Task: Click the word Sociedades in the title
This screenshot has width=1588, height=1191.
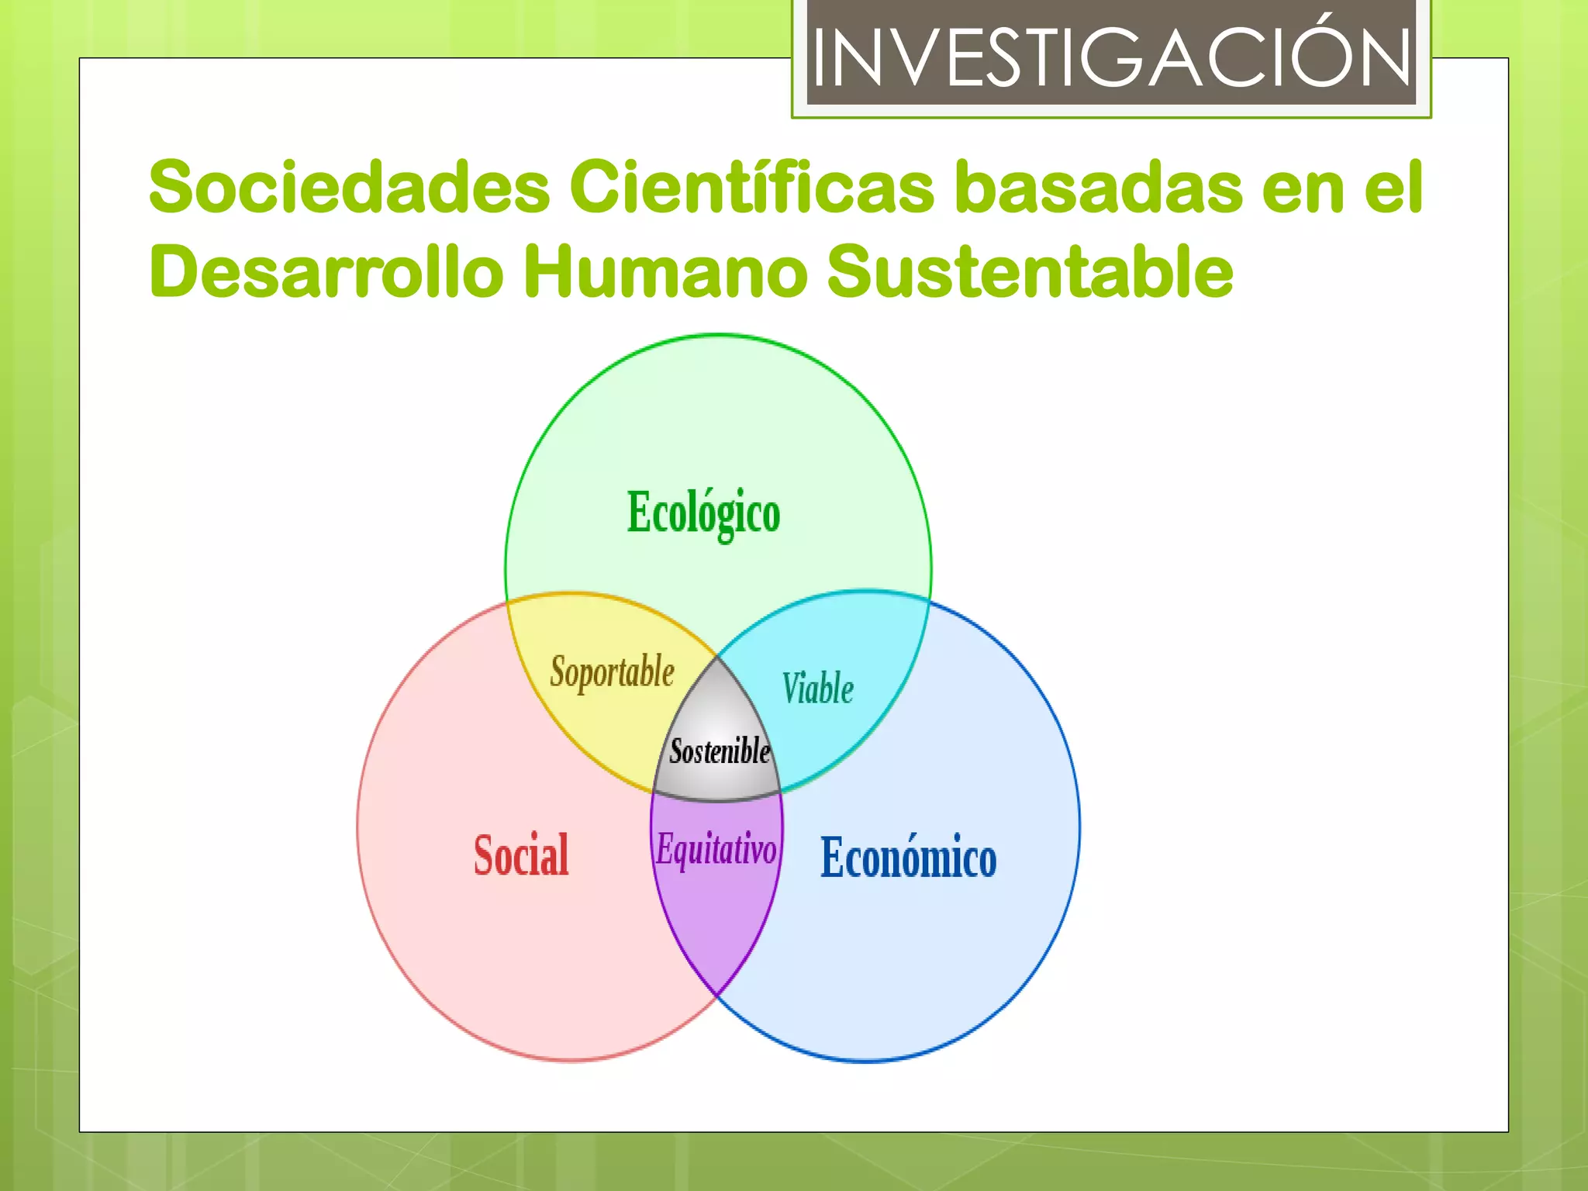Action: pos(350,187)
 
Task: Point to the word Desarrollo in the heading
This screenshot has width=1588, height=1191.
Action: pos(326,271)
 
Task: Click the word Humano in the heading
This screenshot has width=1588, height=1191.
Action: pos(665,271)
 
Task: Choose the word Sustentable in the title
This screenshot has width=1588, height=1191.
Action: pos(1030,271)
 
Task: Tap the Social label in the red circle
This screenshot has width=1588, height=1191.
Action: pos(521,855)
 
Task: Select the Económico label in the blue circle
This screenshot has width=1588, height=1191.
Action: pos(908,858)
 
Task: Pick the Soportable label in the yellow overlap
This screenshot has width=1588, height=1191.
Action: pos(612,671)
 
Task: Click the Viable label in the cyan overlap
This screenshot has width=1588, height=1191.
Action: pos(817,689)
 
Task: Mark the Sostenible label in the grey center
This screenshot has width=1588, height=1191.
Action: pos(720,751)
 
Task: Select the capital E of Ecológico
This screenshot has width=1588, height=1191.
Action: pos(637,512)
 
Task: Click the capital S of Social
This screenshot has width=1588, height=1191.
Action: pos(484,855)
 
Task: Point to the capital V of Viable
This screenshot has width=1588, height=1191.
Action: pos(792,688)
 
